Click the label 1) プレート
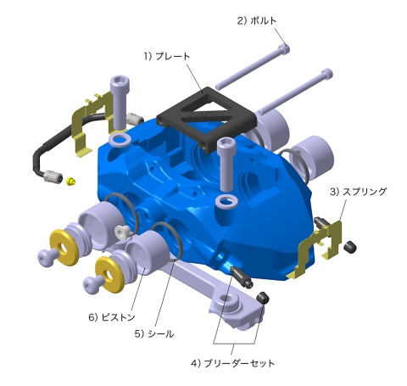pyautogui.click(x=166, y=56)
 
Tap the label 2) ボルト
pyautogui.click(x=256, y=20)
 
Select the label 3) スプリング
pyautogui.click(x=358, y=192)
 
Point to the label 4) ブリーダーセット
pyautogui.click(x=232, y=363)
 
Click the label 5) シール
pyautogui.click(x=154, y=334)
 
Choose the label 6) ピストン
pyautogui.click(x=112, y=317)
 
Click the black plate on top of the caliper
pyautogui.click(x=207, y=120)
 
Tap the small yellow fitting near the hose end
pyautogui.click(x=70, y=181)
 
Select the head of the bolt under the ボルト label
pyautogui.click(x=284, y=49)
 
